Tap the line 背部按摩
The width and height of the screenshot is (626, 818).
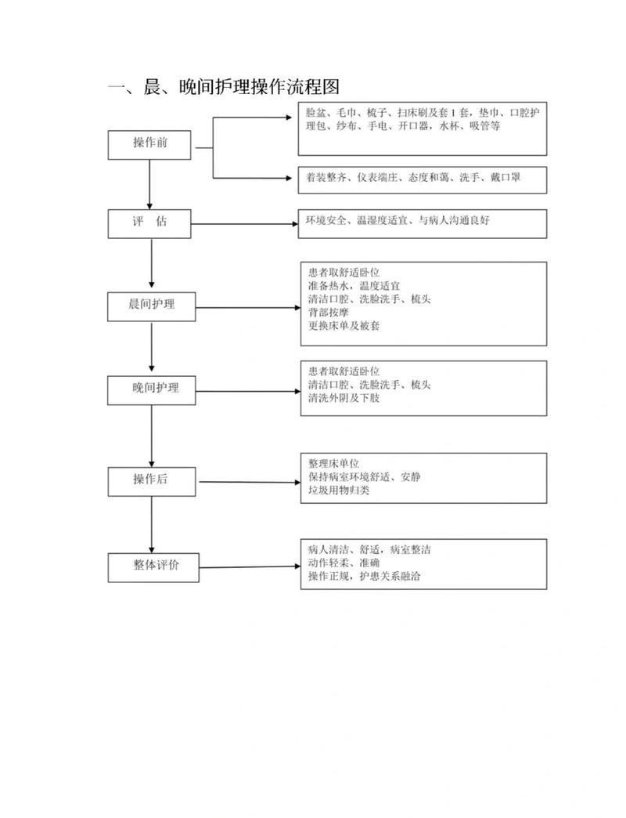328,313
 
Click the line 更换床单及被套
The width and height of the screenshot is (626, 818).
344,326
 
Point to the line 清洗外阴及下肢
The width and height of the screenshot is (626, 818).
344,398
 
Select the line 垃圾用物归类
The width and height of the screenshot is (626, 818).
339,490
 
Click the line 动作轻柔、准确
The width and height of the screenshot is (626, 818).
344,563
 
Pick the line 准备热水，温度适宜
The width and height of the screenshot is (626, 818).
354,286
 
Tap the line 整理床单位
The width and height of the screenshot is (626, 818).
333,463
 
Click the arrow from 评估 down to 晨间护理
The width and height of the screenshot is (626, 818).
152,263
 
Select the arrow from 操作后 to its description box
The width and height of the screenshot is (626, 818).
250,482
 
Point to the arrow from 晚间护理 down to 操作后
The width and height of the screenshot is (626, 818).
152,436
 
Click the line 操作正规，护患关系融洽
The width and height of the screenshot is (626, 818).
364,577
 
